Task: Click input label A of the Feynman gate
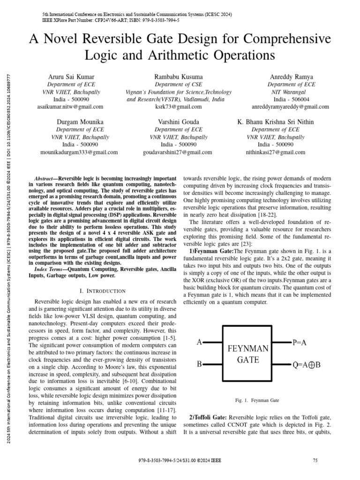click(199, 343)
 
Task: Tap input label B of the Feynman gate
click(199, 364)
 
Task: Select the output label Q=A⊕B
click(307, 364)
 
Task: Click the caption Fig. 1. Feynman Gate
click(257, 401)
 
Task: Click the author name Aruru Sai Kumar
click(71, 76)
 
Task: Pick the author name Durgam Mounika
click(80, 122)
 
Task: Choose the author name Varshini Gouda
click(178, 122)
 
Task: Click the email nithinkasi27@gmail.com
click(275, 152)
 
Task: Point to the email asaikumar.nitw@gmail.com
click(70, 107)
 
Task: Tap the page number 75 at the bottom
click(315, 461)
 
